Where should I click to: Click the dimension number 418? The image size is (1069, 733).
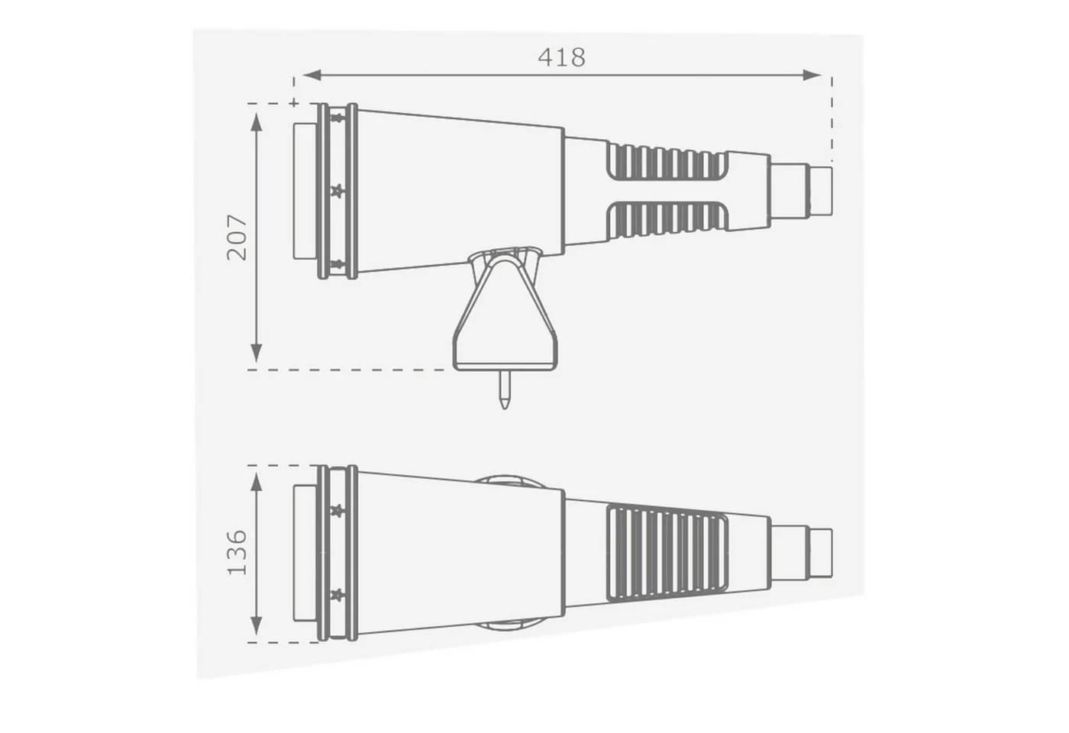coord(561,57)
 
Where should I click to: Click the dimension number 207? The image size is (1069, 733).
coord(237,237)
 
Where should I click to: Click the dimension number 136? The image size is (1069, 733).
coord(237,553)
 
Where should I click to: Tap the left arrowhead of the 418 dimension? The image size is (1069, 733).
coord(312,75)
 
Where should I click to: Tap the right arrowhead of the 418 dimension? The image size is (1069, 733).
coord(812,75)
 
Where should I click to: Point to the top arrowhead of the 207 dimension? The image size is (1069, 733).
coord(257,123)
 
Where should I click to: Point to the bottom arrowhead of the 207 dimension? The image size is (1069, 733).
coord(257,353)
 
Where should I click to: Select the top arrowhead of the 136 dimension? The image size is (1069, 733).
coord(257,483)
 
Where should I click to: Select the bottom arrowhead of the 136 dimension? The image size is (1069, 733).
coord(257,626)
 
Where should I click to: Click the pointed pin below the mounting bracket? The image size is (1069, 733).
coord(505,389)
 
